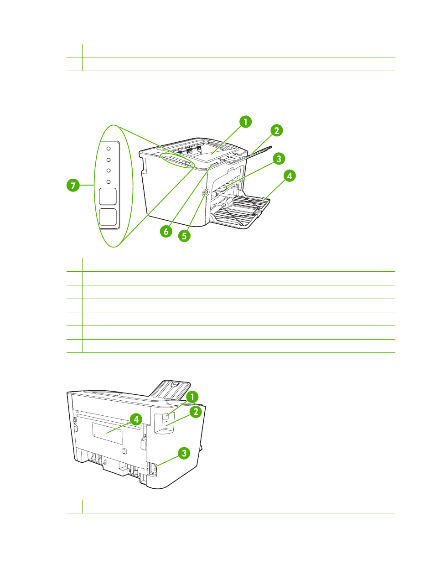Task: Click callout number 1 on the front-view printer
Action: (245, 122)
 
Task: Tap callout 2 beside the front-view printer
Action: (277, 130)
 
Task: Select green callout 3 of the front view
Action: (279, 159)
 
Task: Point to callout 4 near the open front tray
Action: (290, 176)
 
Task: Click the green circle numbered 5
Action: (184, 236)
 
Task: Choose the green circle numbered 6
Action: (166, 231)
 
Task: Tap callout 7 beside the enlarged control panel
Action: (73, 185)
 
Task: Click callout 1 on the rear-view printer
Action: (192, 397)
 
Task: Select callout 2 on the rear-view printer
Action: (196, 412)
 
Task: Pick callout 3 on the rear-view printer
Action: (184, 453)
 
